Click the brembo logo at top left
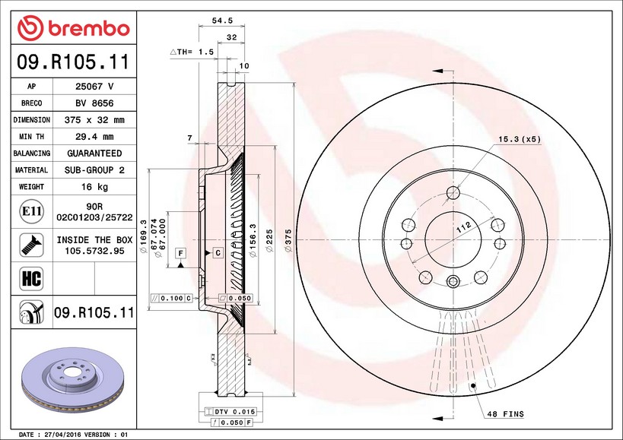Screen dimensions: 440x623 click(x=74, y=27)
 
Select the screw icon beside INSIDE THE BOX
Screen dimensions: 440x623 click(x=30, y=244)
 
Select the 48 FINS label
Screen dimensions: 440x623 click(x=504, y=414)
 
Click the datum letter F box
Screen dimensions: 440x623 click(x=181, y=252)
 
